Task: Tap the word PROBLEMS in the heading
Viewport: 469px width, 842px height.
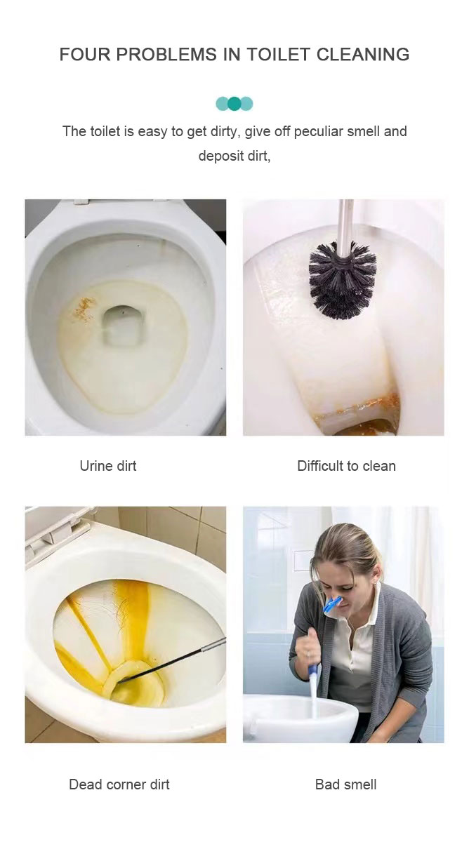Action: click(166, 55)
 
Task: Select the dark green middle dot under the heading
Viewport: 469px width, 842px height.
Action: click(234, 103)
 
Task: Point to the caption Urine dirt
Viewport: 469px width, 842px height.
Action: click(108, 466)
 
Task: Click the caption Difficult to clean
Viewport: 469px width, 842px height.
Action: click(346, 466)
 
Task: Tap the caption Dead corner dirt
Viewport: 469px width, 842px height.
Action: click(119, 784)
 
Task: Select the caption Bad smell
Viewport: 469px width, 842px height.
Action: click(345, 784)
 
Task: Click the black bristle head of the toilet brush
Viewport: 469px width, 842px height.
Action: click(342, 281)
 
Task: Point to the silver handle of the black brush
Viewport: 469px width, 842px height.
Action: click(345, 227)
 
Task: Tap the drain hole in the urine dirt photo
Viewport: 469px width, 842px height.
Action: click(121, 326)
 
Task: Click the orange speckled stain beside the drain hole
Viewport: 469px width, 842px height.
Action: click(84, 309)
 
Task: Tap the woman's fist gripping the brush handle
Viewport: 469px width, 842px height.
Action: click(308, 645)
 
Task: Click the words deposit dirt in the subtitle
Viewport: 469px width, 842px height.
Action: click(234, 156)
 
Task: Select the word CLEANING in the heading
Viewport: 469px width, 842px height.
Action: click(363, 55)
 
